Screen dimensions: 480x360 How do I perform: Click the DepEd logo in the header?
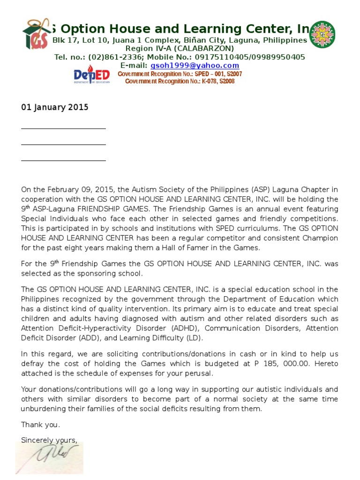[x=91, y=75]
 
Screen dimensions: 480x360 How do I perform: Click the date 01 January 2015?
[x=54, y=107]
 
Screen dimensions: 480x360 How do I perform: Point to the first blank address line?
[x=63, y=127]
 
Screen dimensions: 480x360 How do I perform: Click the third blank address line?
[x=63, y=160]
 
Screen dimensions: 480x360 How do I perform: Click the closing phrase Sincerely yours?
[x=49, y=440]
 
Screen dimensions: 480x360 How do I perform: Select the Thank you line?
[x=41, y=425]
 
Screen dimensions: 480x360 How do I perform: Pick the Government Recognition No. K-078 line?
[x=180, y=82]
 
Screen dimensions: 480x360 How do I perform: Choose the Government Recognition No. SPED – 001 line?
[x=180, y=74]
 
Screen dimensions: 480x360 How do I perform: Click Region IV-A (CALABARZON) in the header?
[x=180, y=49]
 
